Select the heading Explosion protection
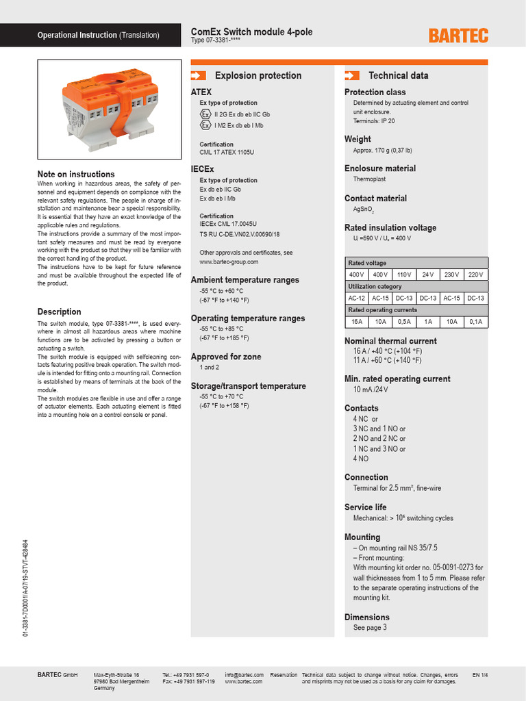pyautogui.click(x=258, y=75)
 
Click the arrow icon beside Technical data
pyautogui.click(x=352, y=75)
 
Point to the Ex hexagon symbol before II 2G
pyautogui.click(x=205, y=114)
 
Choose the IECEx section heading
pyautogui.click(x=203, y=168)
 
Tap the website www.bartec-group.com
pyautogui.click(x=229, y=262)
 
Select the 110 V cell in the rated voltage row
pyautogui.click(x=403, y=275)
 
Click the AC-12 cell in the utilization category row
pyautogui.click(x=357, y=298)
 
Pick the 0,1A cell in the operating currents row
pyautogui.click(x=476, y=321)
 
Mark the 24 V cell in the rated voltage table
pyautogui.click(x=428, y=275)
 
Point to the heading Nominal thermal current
pyautogui.click(x=390, y=341)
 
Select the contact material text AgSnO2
pyautogui.click(x=363, y=210)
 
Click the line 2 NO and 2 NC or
pyautogui.click(x=379, y=439)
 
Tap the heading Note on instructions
pyautogui.click(x=76, y=174)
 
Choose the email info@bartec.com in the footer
pyautogui.click(x=244, y=675)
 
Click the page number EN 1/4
pyautogui.click(x=481, y=675)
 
